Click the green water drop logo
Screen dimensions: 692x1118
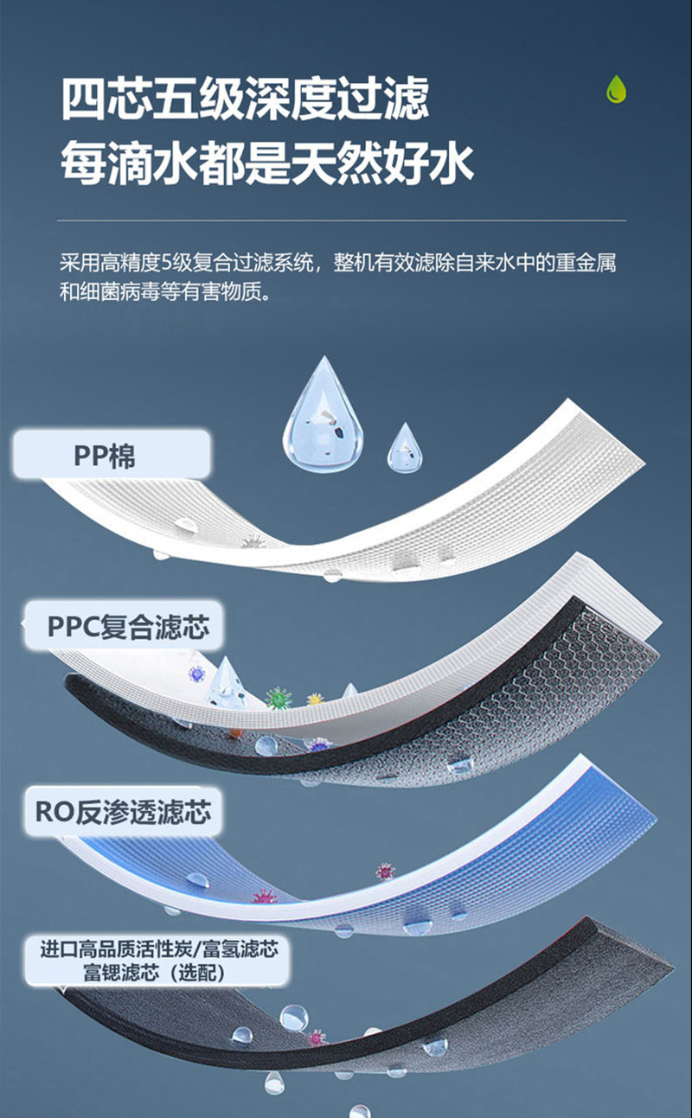coord(616,89)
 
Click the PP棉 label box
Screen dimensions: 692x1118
coord(111,455)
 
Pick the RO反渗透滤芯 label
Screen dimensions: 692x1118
coord(122,812)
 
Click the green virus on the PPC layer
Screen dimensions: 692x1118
coord(279,697)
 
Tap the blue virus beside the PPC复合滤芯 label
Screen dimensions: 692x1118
coord(198,674)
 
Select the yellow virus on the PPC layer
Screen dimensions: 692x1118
coord(315,700)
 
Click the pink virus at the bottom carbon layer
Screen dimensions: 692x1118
coord(317,1037)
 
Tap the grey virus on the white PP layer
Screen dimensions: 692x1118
coord(253,543)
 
